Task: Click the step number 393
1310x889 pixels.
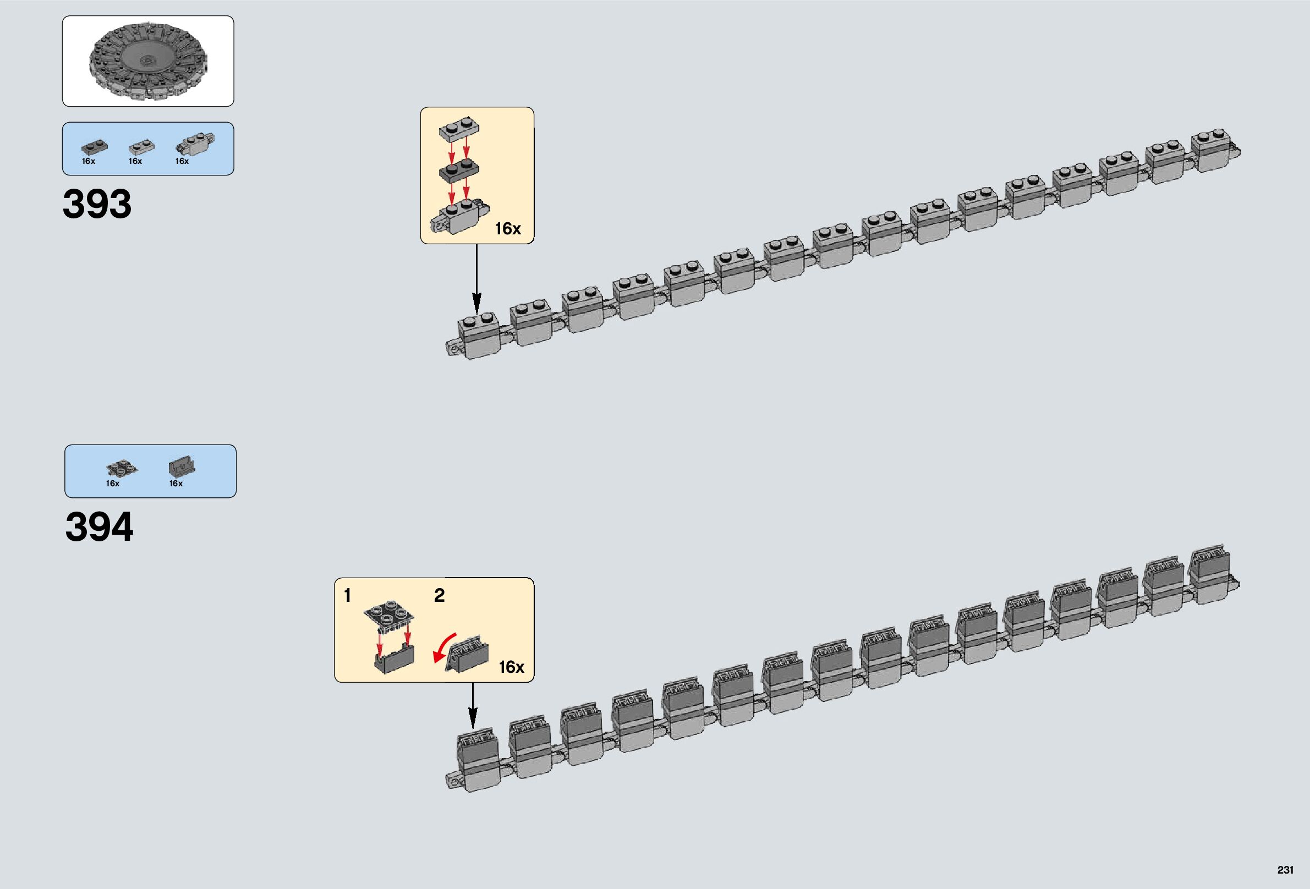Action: coord(97,204)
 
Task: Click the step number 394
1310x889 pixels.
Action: coord(99,528)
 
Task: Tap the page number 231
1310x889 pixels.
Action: coord(1285,870)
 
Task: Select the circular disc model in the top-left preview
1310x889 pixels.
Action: coord(147,62)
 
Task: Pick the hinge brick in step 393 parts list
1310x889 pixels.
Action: coord(195,144)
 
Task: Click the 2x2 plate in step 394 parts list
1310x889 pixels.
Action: coord(121,469)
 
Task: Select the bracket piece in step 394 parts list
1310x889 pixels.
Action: coord(182,467)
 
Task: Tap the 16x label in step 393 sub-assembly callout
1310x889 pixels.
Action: coord(507,229)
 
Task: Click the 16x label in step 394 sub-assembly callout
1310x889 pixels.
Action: coord(511,667)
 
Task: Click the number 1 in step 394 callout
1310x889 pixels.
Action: coord(347,595)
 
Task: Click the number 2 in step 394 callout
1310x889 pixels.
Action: coord(439,595)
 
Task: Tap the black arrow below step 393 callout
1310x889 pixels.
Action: coord(476,278)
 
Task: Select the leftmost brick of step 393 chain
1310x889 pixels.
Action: coord(478,337)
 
